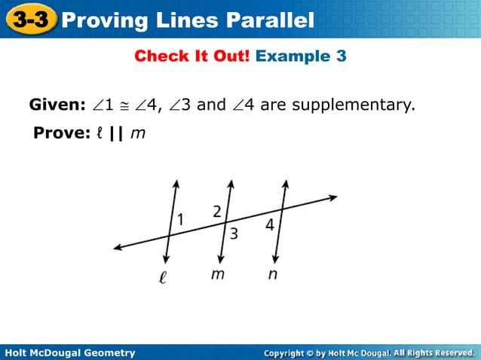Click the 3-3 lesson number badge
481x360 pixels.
(x=30, y=20)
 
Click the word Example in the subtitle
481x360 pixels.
(x=291, y=56)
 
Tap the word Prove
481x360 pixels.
(x=55, y=134)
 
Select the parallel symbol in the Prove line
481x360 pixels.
(x=116, y=134)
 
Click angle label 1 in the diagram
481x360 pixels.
(x=181, y=219)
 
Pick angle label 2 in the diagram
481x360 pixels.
(x=216, y=211)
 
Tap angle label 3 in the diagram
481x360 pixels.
(x=234, y=233)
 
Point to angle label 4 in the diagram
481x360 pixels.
(x=269, y=224)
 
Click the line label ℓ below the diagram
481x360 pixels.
(x=162, y=276)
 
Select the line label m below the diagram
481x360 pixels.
(x=217, y=274)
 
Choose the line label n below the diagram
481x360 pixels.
(x=272, y=274)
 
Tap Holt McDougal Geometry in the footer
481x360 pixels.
(x=69, y=352)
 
